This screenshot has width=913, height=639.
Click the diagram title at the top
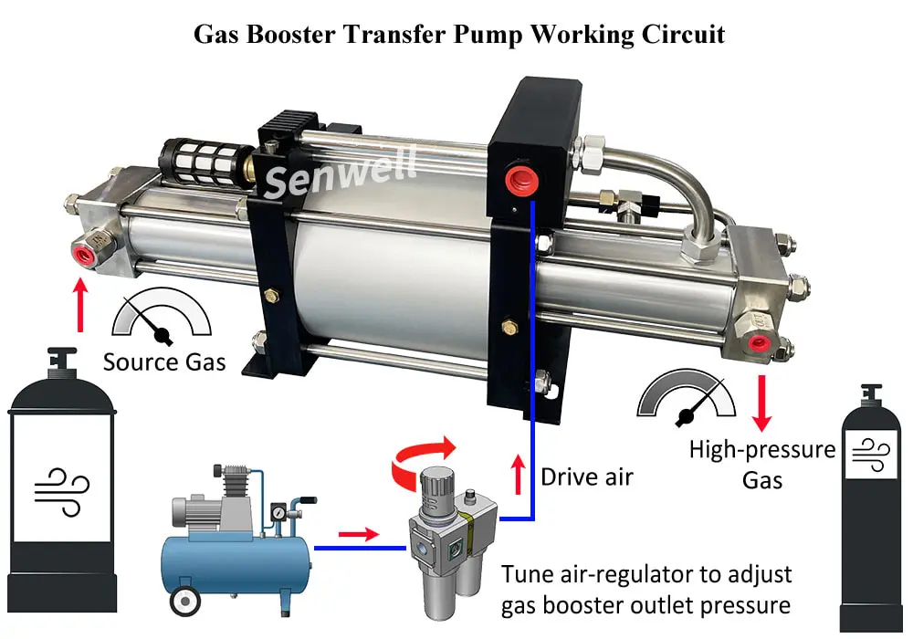point(459,34)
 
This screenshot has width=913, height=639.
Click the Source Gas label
point(164,361)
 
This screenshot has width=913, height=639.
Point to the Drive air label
point(586,477)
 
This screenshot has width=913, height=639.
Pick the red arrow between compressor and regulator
point(358,533)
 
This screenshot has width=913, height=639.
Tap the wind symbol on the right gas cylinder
point(871,454)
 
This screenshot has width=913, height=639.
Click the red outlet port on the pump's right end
point(756,340)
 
